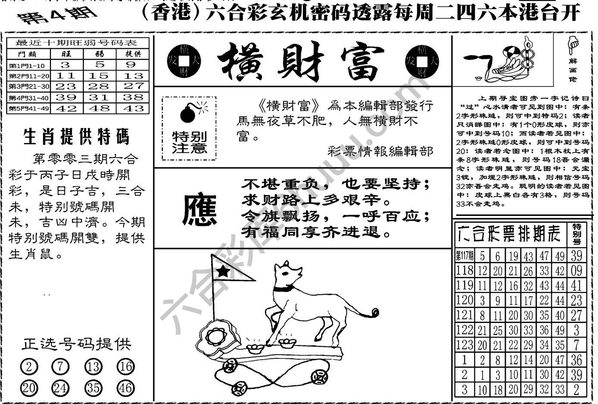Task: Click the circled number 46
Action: click(x=125, y=388)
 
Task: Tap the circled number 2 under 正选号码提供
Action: click(x=29, y=367)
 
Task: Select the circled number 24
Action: click(x=60, y=388)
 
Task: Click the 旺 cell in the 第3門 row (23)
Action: click(x=65, y=86)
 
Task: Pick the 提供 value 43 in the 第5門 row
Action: click(x=133, y=109)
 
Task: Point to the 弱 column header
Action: click(x=99, y=54)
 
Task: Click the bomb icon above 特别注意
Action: click(x=187, y=113)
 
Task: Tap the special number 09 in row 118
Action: click(x=576, y=271)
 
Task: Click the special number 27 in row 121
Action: click(x=576, y=315)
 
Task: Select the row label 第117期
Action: click(x=464, y=256)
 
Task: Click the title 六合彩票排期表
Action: click(x=510, y=234)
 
